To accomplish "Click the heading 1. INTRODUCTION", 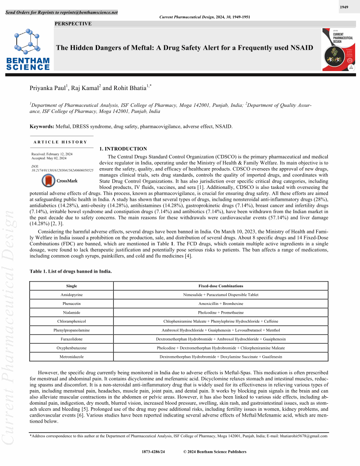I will pos(123,149).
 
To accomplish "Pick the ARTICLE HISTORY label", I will pos(60,142).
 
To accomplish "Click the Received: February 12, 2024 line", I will pos(52,154).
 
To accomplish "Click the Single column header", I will pos(71,286).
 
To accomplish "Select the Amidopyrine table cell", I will pos(71,294).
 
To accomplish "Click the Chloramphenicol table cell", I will pos(71,321).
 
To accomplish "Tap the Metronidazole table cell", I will pos(71,357).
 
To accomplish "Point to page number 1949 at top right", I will pos(344,8).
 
